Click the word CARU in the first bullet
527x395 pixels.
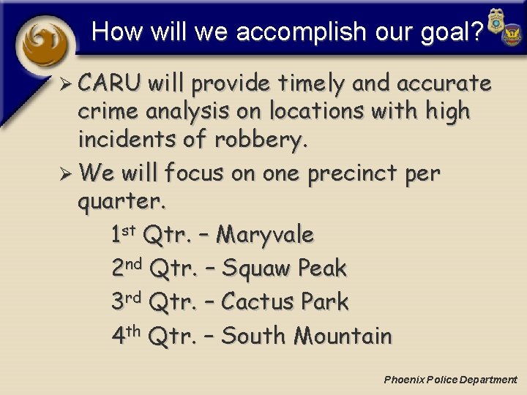(x=110, y=84)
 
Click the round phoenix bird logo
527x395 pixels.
(x=45, y=44)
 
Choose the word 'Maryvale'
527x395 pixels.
(x=266, y=236)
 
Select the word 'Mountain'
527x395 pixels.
(x=343, y=336)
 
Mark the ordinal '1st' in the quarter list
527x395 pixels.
(x=124, y=234)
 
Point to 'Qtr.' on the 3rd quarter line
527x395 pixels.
(x=172, y=302)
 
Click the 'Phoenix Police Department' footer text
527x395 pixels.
(x=450, y=380)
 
